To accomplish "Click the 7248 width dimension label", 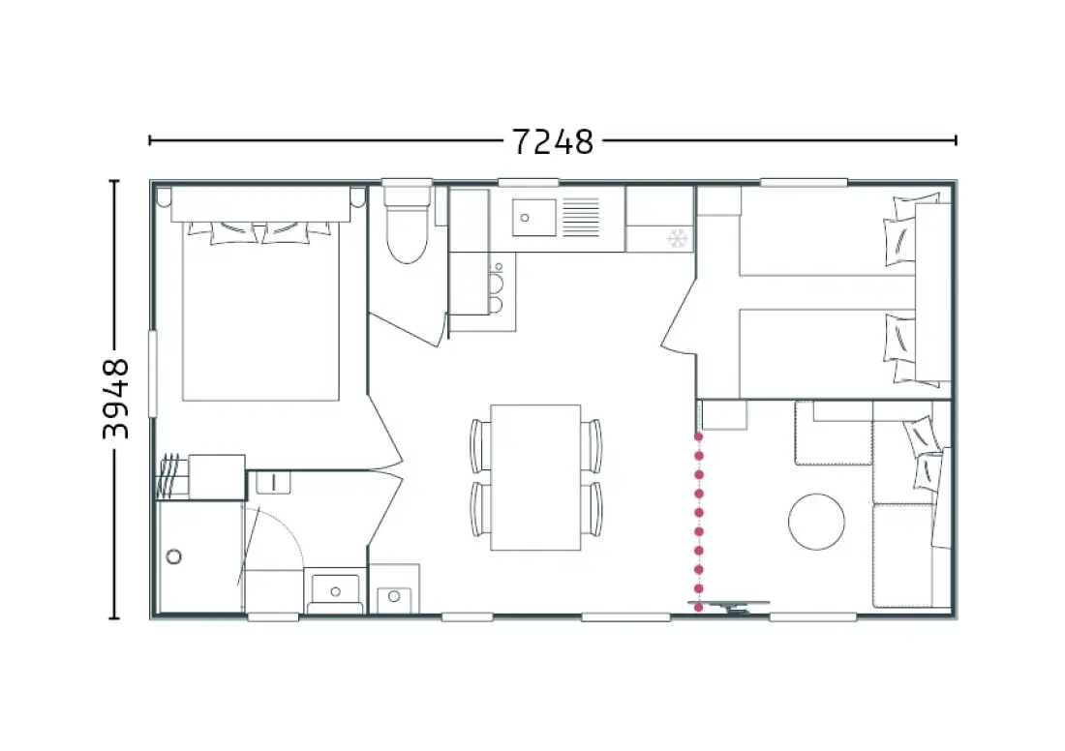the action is [x=552, y=142].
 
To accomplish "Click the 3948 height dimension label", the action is [x=115, y=400].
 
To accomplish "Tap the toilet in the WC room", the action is [x=407, y=225].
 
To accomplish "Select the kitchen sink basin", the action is [x=533, y=218].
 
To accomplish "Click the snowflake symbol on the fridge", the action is [x=677, y=238].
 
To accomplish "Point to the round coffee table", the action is [x=816, y=522].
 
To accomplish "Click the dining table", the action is [x=535, y=477].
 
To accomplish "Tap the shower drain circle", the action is [x=174, y=556].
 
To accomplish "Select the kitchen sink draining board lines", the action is [x=581, y=218].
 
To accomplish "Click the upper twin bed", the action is [x=827, y=239].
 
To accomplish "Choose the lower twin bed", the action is [x=827, y=354].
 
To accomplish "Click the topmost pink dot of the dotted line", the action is [x=698, y=436].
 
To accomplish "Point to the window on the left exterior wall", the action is [x=153, y=373].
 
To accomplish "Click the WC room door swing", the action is [x=408, y=329].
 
